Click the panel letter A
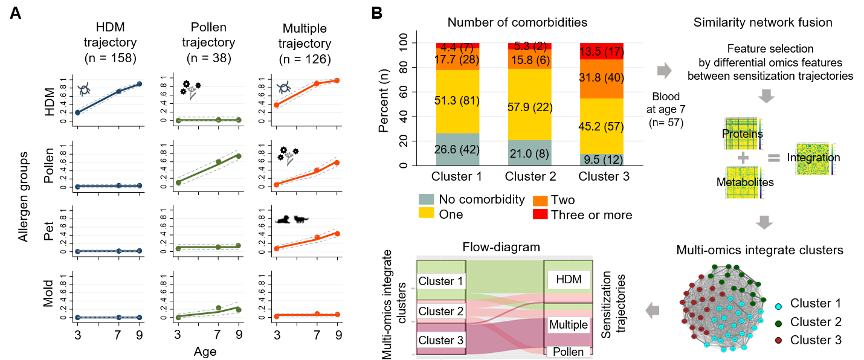[16, 13]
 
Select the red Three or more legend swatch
[539, 214]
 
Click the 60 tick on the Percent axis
[402, 92]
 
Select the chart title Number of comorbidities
[518, 23]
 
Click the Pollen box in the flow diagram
[568, 352]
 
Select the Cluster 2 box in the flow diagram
[440, 311]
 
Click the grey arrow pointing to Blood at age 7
[664, 71]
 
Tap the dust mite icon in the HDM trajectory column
[83, 90]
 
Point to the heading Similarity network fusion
[762, 23]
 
